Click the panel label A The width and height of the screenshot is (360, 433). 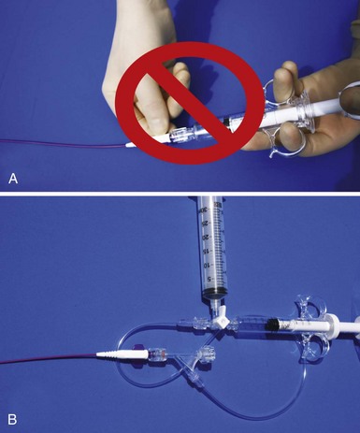(13, 179)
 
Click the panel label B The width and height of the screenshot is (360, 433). (12, 419)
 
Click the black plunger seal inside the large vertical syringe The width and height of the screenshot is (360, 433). (216, 293)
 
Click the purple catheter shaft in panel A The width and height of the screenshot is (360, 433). (63, 144)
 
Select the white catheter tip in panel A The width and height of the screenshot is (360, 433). (129, 145)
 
